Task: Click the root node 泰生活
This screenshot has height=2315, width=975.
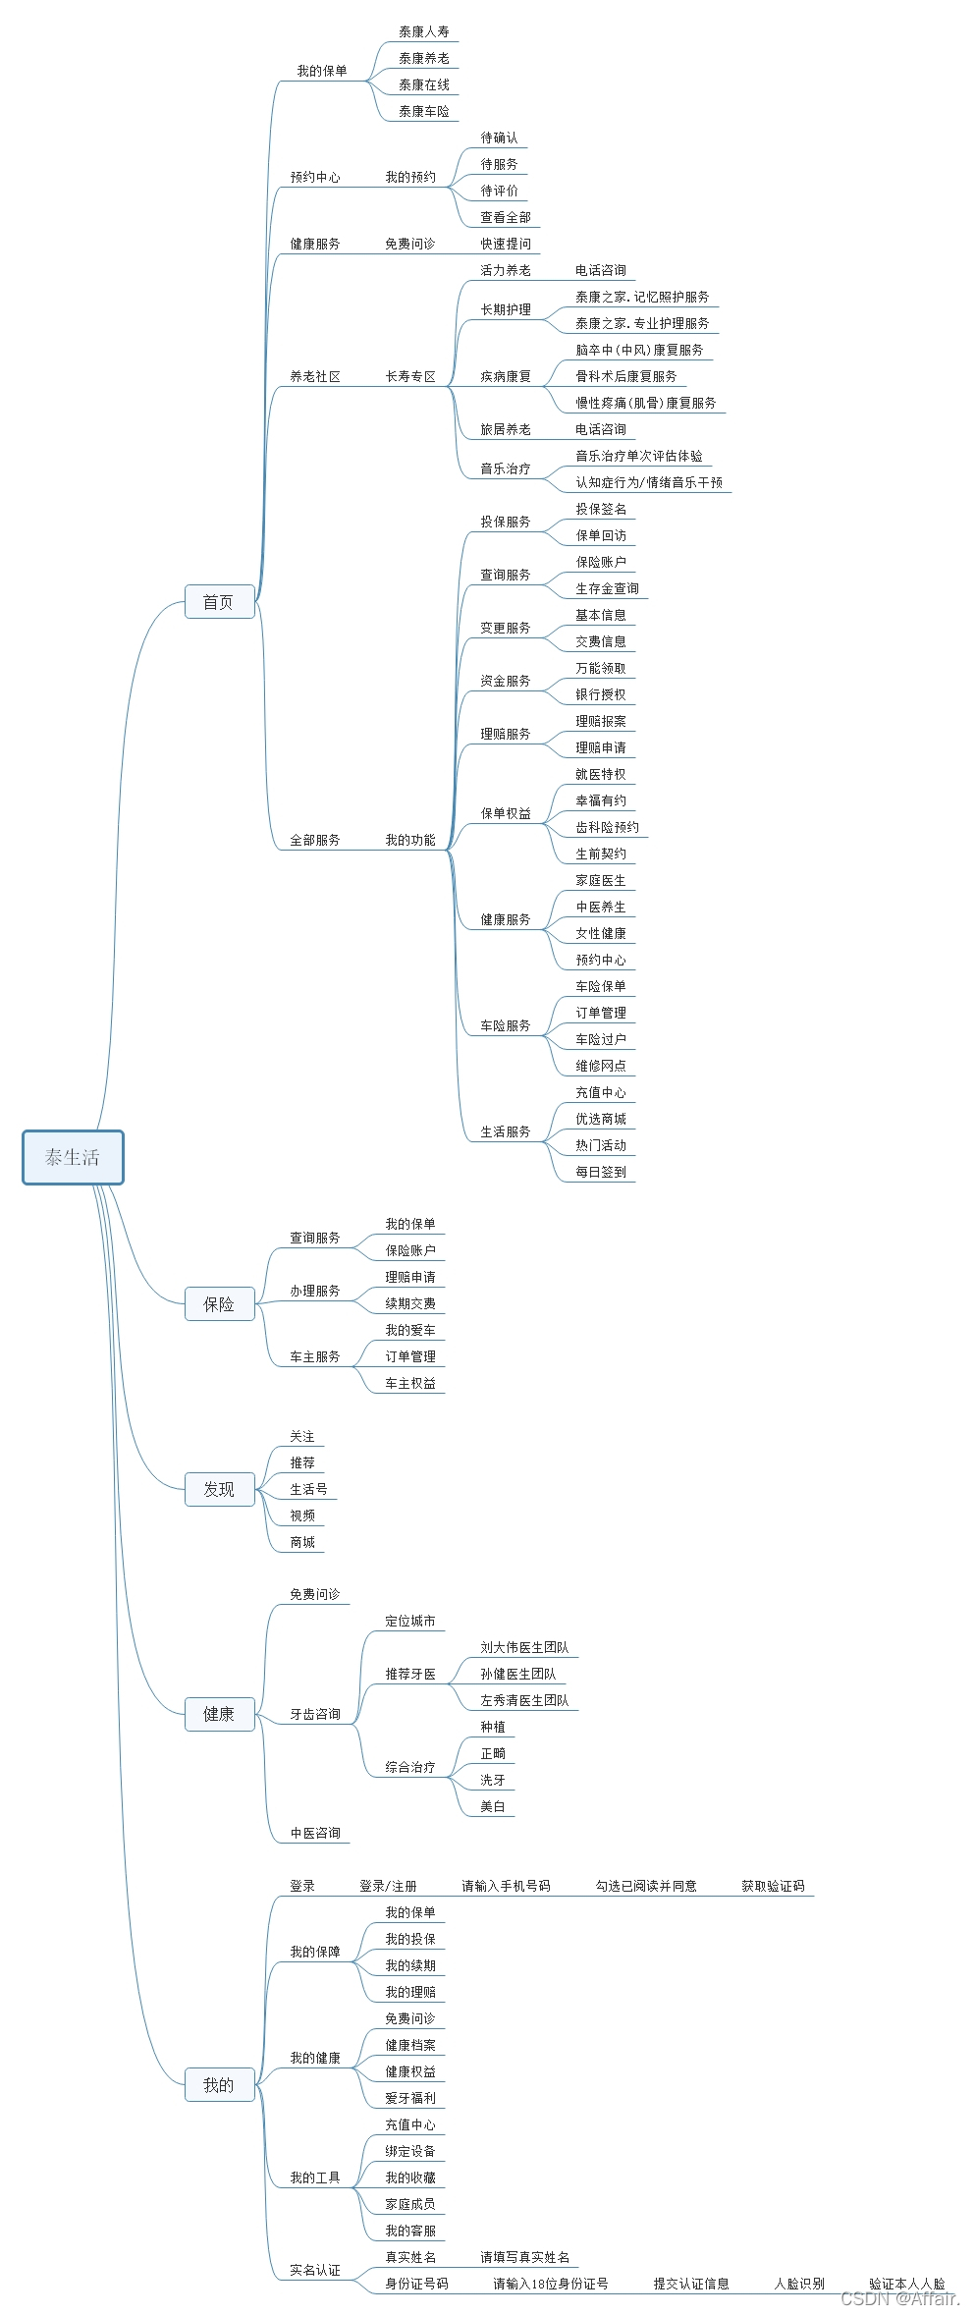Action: [73, 1157]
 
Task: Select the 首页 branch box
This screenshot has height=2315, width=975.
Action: [219, 602]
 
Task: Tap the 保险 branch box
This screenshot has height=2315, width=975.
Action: [219, 1304]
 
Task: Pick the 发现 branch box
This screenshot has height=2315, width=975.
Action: [219, 1489]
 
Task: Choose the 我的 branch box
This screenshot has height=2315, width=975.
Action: [219, 2084]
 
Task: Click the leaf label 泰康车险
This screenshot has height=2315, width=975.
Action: [424, 112]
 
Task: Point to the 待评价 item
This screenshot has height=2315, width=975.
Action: [500, 191]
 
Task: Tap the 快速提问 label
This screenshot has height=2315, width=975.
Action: [506, 244]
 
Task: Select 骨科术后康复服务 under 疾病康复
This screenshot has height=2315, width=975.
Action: [626, 376]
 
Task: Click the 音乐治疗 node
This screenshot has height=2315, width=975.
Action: [506, 469]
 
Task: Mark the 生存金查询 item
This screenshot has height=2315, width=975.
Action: [607, 588]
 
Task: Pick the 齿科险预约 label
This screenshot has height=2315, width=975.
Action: [607, 827]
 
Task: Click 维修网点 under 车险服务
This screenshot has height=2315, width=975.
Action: [601, 1066]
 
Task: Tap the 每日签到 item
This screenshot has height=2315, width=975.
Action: [601, 1172]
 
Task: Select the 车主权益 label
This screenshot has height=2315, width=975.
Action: [410, 1383]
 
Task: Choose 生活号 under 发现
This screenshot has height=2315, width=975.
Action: [309, 1489]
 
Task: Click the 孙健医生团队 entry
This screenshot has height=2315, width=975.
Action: [518, 1674]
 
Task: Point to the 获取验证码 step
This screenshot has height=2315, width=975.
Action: [773, 1886]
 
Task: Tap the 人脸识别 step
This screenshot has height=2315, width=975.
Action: [799, 2284]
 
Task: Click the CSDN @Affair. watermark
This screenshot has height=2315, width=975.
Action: [900, 2297]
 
